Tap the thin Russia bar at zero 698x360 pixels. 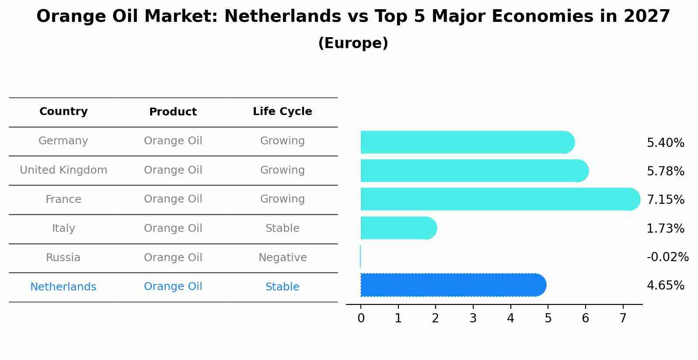[360, 256]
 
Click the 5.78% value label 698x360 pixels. [665, 171]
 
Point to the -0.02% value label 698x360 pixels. [667, 257]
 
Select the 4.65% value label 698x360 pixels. [665, 286]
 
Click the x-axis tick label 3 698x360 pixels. [473, 318]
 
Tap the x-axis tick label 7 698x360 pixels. [623, 318]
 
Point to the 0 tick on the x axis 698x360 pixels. [361, 318]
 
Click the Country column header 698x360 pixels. [63, 112]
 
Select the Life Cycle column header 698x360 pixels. [282, 112]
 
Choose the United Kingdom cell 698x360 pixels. [63, 170]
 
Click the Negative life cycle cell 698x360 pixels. [282, 258]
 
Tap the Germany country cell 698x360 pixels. [63, 141]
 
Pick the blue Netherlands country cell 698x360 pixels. [63, 287]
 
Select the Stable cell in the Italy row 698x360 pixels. [282, 228]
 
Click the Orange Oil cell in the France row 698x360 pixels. [173, 199]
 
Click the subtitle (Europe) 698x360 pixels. [353, 43]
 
